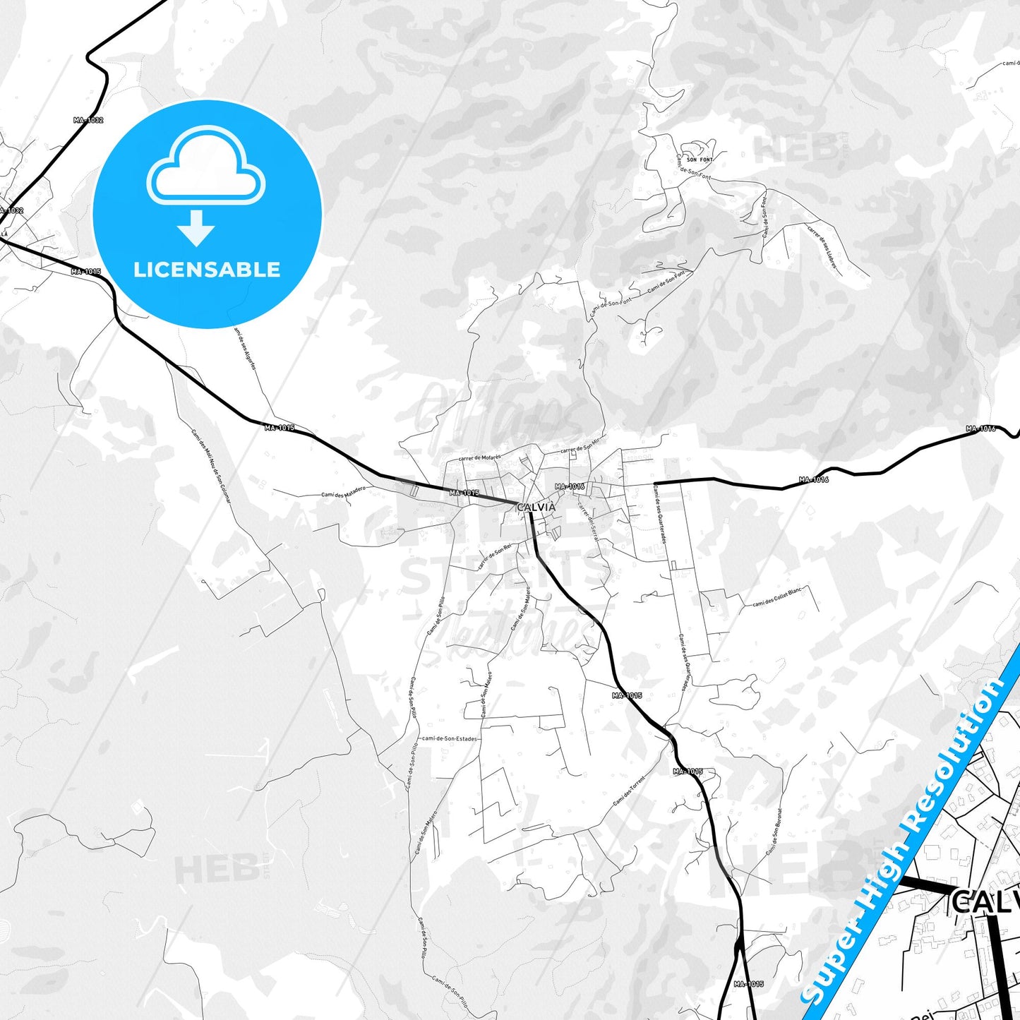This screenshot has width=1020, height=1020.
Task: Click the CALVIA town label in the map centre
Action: point(536,507)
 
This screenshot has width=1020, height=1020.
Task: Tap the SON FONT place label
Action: point(700,160)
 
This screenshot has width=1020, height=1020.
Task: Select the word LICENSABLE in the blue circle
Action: point(207,270)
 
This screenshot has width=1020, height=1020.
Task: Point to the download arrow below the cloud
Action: point(196,228)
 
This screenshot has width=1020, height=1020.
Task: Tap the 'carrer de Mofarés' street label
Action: point(479,458)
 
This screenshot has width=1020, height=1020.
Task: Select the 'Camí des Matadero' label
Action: point(343,493)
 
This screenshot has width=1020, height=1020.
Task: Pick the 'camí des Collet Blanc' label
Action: point(777,598)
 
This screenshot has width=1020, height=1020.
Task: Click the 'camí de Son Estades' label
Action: point(450,739)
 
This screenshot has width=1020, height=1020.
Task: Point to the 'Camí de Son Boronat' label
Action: point(774,832)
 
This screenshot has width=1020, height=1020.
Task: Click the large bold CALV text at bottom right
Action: point(985,902)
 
